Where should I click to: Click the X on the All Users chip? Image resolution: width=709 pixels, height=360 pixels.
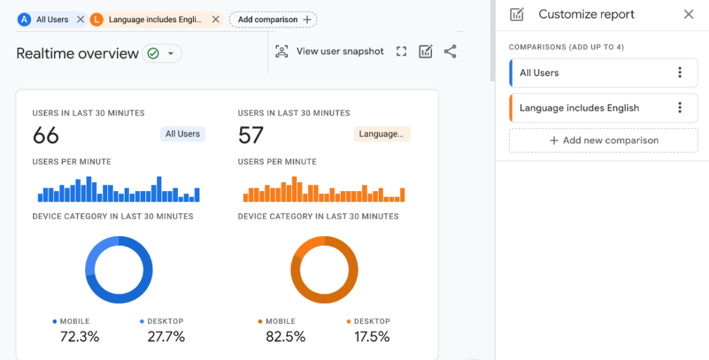point(80,19)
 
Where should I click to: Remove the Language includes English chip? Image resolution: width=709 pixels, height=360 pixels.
point(215,19)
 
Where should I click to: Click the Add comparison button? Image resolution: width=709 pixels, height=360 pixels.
point(273,19)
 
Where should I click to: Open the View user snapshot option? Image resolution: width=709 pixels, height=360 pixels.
point(330,51)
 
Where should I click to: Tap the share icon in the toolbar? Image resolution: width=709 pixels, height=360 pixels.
point(450,51)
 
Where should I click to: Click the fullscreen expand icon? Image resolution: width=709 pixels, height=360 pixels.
point(401,51)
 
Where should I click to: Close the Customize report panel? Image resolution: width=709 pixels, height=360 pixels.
point(688,14)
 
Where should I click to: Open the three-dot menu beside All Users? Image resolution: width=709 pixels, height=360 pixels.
point(680,73)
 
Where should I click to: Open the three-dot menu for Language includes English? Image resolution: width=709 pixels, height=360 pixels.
point(680,108)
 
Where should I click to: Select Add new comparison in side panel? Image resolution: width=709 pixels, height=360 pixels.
point(603,141)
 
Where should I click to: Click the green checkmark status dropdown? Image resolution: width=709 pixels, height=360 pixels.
point(161,53)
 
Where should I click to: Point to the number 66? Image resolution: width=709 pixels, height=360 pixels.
point(46,135)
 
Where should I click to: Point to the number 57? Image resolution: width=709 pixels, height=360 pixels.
point(251,135)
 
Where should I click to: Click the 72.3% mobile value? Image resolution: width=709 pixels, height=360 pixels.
point(79,337)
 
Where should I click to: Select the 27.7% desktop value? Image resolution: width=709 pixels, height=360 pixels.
point(166,337)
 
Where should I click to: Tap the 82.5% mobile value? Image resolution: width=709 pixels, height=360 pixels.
point(285,337)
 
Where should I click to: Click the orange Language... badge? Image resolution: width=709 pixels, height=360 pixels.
point(382,134)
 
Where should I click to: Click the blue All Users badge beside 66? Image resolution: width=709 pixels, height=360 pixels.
point(183,134)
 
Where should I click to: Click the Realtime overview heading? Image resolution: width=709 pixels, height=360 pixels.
point(78,53)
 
